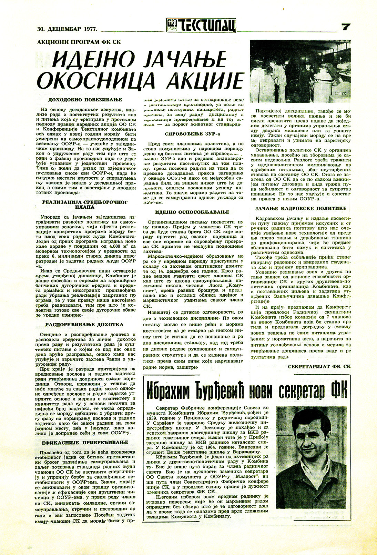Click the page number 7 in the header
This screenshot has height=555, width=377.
(x=345, y=27)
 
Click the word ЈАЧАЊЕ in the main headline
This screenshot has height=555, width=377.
(x=185, y=60)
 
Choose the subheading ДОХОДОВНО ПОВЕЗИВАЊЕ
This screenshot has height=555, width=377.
(x=85, y=100)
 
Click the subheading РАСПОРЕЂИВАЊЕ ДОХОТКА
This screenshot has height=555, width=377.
(x=84, y=325)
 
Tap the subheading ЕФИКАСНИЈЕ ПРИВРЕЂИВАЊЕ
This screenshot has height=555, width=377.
(x=85, y=443)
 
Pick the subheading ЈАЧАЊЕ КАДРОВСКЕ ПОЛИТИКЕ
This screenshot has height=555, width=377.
(x=301, y=209)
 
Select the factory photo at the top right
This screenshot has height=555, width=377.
(x=300, y=71)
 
